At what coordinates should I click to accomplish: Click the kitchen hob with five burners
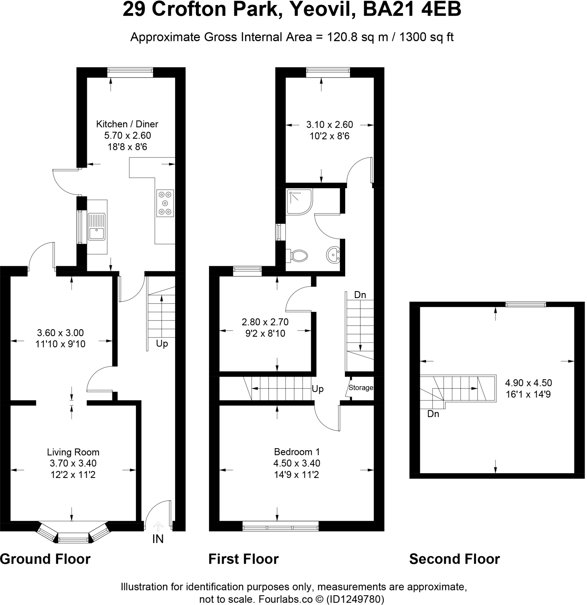[165, 203]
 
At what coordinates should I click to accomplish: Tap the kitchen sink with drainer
[97, 227]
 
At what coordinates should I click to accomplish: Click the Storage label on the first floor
[361, 388]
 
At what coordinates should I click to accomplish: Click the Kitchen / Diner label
[127, 124]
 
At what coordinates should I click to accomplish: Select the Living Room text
[73, 452]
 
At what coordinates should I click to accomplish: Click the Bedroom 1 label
[297, 452]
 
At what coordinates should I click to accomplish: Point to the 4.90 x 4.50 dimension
[528, 383]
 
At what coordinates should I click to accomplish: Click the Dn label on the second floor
[433, 414]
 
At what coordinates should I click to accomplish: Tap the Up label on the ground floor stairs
[162, 344]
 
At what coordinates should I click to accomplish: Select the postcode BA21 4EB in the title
[412, 9]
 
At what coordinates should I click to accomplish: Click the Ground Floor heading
[45, 559]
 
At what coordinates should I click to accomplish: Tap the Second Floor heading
[454, 559]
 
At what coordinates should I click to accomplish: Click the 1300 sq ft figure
[426, 37]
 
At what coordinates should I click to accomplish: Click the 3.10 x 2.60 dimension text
[329, 125]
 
